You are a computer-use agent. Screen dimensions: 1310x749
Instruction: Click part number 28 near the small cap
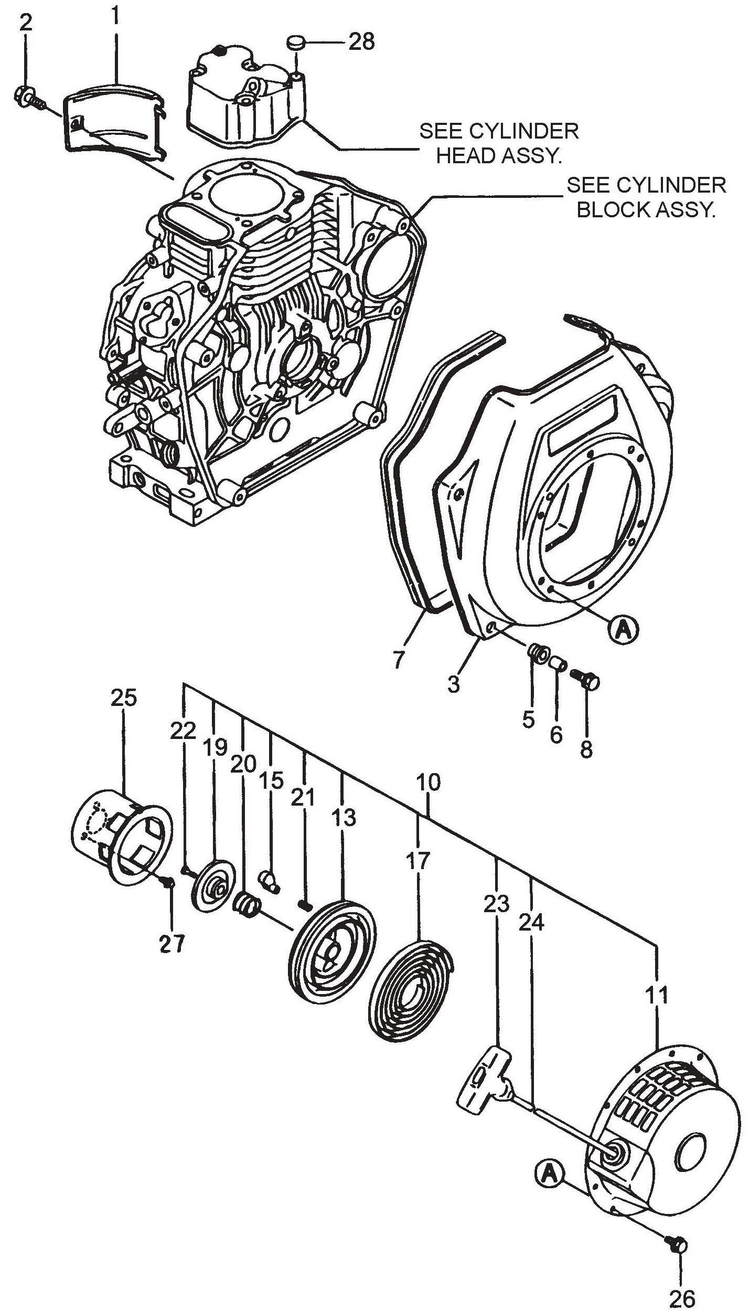(361, 41)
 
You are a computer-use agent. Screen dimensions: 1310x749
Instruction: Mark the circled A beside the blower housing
(623, 629)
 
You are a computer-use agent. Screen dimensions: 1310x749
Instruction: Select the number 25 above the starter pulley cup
(124, 698)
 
